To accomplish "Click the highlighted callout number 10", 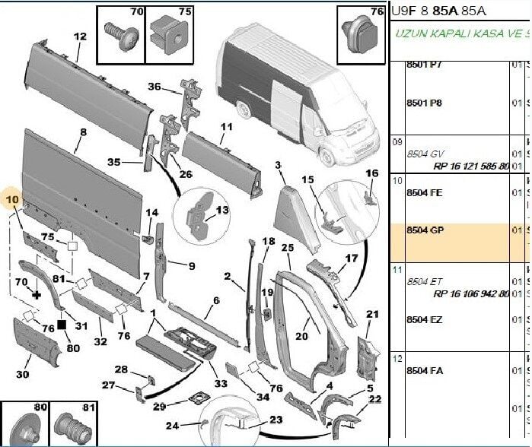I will tap(12, 201).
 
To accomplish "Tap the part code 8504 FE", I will tap(425, 193).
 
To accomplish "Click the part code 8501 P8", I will tap(424, 102).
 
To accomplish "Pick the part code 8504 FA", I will tap(425, 371).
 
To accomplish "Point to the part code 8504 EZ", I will tap(425, 319).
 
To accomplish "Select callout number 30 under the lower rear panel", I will tap(23, 374).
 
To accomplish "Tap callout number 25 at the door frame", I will tap(287, 248).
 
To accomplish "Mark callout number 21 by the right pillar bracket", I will tap(372, 315).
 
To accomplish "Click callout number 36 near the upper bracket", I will tap(154, 87).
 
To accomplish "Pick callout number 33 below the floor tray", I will tap(220, 384).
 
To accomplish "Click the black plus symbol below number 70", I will tap(36, 293).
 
